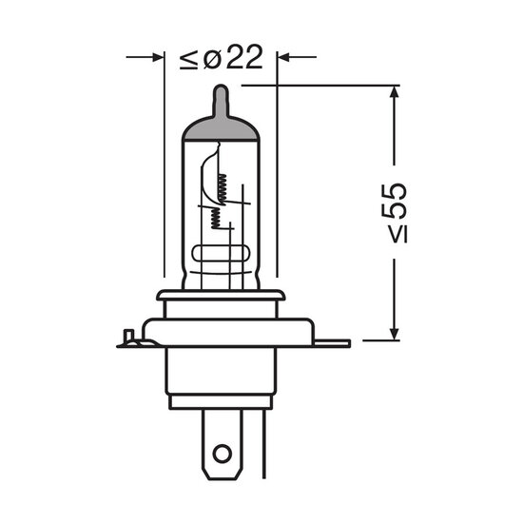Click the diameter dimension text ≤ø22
[222, 57]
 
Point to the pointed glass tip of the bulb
[221, 100]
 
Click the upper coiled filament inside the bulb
[223, 189]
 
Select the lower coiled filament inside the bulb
[216, 218]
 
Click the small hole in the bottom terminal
[222, 454]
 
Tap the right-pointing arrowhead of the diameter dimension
[158, 57]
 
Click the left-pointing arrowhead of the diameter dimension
[284, 57]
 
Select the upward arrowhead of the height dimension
[395, 91]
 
